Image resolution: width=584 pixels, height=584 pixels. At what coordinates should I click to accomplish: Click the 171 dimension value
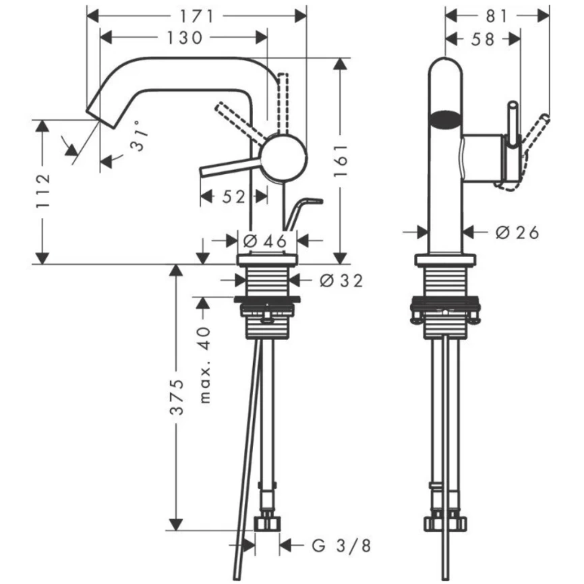pyautogui.click(x=196, y=16)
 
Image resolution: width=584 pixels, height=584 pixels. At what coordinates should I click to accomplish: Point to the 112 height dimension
pyautogui.click(x=42, y=192)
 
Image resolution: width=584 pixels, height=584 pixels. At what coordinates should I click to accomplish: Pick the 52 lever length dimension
pyautogui.click(x=233, y=196)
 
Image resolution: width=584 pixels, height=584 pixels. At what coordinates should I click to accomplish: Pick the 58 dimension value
pyautogui.click(x=483, y=39)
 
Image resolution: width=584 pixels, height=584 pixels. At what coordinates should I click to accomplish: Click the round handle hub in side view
pyautogui.click(x=284, y=156)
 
